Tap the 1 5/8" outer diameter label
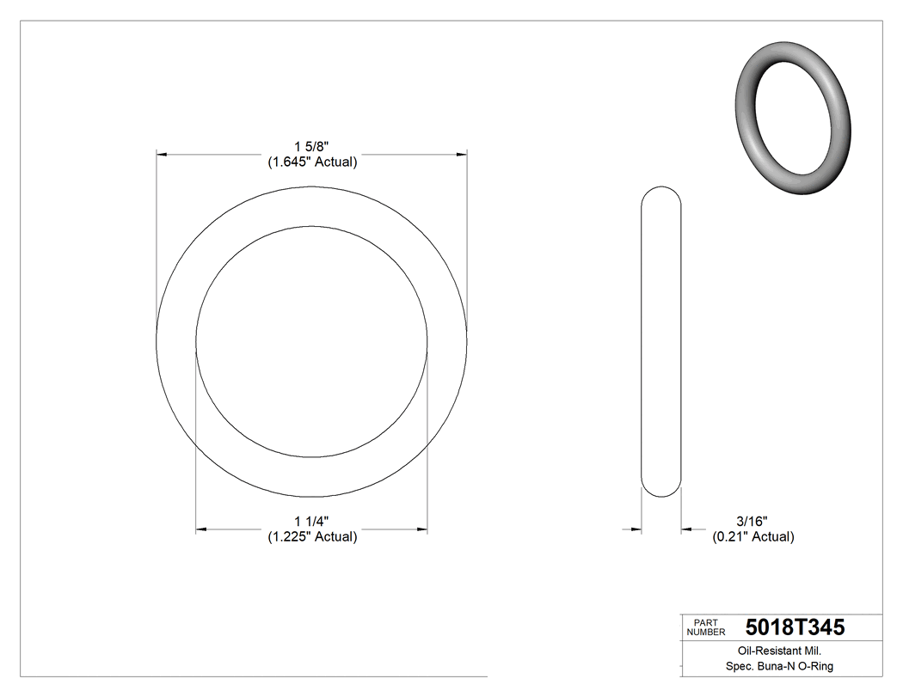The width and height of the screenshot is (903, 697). click(x=311, y=147)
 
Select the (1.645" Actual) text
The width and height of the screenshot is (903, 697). click(x=311, y=162)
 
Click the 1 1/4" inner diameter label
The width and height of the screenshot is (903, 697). click(x=311, y=522)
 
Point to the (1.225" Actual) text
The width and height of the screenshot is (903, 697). click(x=311, y=536)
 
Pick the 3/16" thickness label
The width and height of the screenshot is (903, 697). click(x=752, y=522)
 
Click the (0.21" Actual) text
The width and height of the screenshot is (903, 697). click(x=752, y=536)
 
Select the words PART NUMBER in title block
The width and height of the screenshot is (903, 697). click(x=705, y=627)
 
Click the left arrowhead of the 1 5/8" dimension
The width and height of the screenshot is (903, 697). click(x=161, y=155)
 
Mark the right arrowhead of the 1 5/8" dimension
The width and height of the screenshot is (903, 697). click(x=462, y=155)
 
